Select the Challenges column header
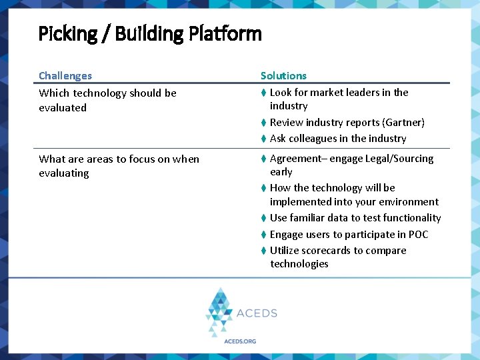[x=65, y=76]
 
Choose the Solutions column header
[x=283, y=76]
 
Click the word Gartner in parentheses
[x=403, y=123]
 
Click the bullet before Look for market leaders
[x=264, y=93]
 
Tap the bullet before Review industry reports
[x=264, y=123]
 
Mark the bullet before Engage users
[x=264, y=235]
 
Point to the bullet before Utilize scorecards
[x=264, y=251]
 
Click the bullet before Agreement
[x=264, y=159]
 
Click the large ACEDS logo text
[x=257, y=313]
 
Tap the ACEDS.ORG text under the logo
[x=240, y=341]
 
